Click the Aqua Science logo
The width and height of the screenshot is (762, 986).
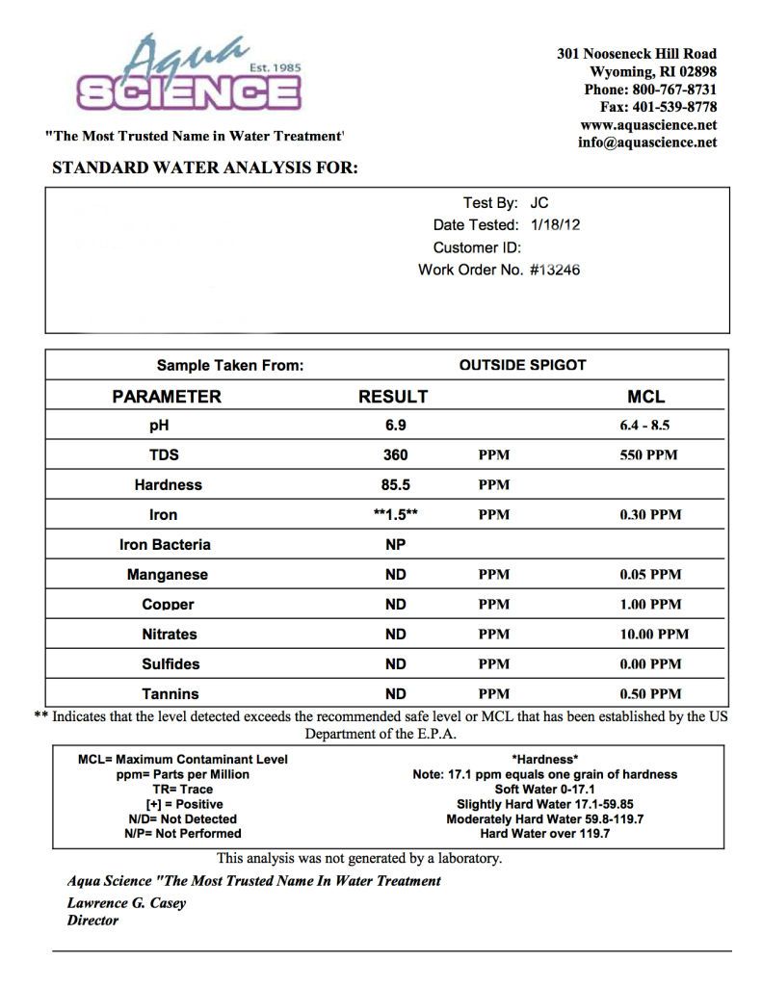point(189,76)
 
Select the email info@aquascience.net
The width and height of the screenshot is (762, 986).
point(647,143)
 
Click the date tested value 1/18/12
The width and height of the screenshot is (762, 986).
point(556,224)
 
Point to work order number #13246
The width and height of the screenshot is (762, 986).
point(555,270)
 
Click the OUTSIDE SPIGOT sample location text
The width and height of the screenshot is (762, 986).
point(522,365)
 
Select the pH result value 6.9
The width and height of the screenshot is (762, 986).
point(395,425)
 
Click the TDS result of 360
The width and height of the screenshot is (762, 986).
point(395,454)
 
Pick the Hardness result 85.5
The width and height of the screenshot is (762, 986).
point(395,484)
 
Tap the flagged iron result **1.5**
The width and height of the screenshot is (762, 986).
point(395,514)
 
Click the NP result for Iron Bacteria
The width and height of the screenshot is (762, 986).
point(395,544)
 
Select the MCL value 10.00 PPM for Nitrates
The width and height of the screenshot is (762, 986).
point(654,635)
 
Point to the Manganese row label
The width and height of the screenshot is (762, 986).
point(168,575)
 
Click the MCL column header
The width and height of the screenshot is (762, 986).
point(645,396)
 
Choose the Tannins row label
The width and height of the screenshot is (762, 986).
point(170,693)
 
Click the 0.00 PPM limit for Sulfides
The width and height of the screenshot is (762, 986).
point(650,664)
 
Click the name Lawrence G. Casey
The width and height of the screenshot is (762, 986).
point(126,903)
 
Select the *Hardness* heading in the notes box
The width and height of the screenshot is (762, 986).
point(544,759)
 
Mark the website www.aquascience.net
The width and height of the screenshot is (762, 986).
point(647,125)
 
